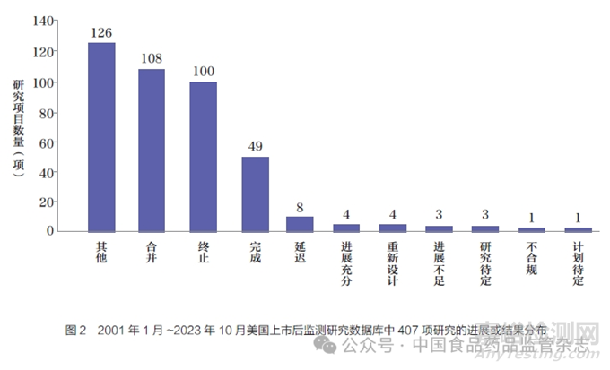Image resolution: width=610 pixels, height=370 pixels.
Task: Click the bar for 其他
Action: (x=101, y=136)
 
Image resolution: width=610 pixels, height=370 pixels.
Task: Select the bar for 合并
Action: (x=152, y=150)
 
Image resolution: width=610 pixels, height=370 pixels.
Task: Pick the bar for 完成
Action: (x=256, y=194)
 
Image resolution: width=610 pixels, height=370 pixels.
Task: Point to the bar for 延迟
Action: (x=301, y=224)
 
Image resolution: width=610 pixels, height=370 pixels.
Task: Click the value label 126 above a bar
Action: (x=101, y=34)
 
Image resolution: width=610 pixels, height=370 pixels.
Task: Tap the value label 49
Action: (x=256, y=147)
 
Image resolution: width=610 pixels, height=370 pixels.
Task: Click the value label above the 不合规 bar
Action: (x=532, y=218)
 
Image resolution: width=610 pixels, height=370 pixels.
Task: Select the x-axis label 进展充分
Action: (x=347, y=262)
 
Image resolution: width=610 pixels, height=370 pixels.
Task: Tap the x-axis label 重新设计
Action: (x=393, y=262)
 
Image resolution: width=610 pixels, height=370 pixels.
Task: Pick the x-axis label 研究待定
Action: (x=485, y=262)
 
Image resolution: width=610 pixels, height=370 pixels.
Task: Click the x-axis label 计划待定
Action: (x=578, y=262)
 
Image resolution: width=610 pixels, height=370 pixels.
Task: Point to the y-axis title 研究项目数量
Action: (x=19, y=125)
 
